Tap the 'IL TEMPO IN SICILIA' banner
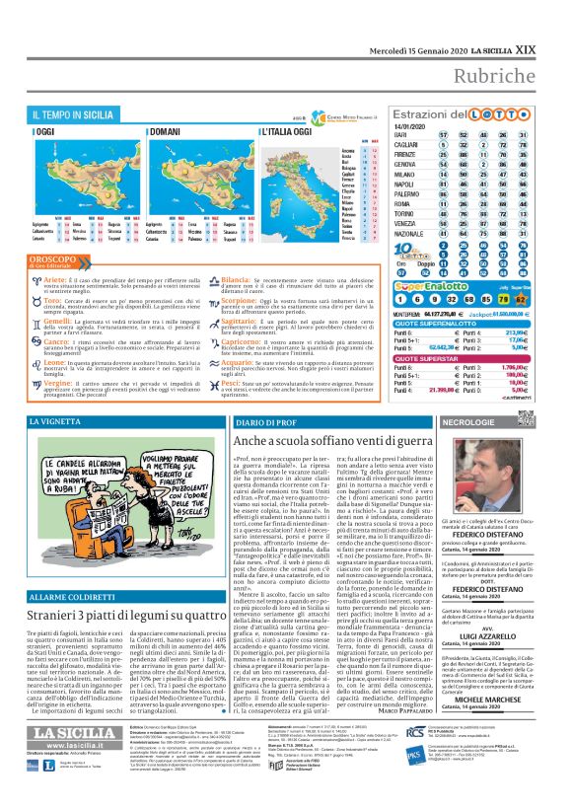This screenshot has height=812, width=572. (75, 116)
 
